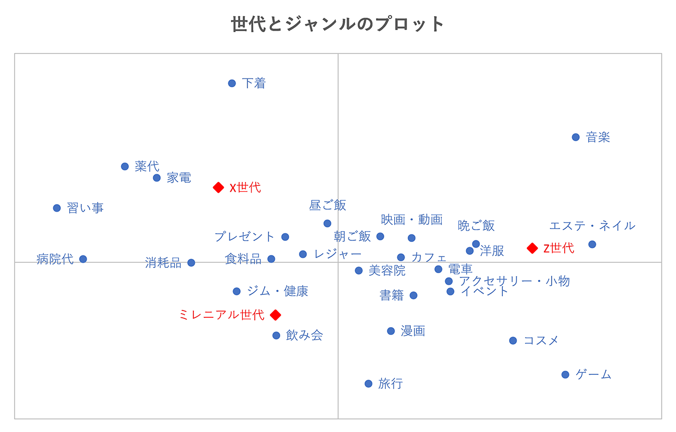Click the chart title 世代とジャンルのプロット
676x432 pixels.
pyautogui.click(x=338, y=24)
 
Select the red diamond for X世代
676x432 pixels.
pyautogui.click(x=218, y=187)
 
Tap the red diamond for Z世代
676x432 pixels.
pyautogui.click(x=532, y=248)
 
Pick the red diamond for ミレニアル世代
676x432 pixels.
pyautogui.click(x=276, y=315)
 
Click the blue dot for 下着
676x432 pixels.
pyautogui.click(x=232, y=83)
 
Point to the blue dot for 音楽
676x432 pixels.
pyautogui.click(x=576, y=137)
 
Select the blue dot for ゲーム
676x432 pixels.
pyautogui.click(x=565, y=374)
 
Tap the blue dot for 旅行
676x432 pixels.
pyautogui.click(x=368, y=384)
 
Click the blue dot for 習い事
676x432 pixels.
pyautogui.click(x=57, y=208)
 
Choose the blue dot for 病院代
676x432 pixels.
pyautogui.click(x=83, y=259)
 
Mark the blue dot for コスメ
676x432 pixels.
pyautogui.click(x=513, y=341)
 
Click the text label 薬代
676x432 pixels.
pyautogui.click(x=147, y=166)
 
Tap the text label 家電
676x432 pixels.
pyautogui.click(x=179, y=178)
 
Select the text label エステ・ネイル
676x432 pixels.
pyautogui.click(x=592, y=226)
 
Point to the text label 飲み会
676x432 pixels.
pyautogui.click(x=304, y=335)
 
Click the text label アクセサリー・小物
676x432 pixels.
pyautogui.click(x=514, y=281)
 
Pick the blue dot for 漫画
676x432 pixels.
pyautogui.click(x=391, y=331)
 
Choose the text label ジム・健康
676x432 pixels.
pyautogui.click(x=277, y=291)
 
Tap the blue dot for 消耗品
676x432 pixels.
pyautogui.click(x=191, y=263)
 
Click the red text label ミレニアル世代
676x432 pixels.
pyautogui.click(x=222, y=315)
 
